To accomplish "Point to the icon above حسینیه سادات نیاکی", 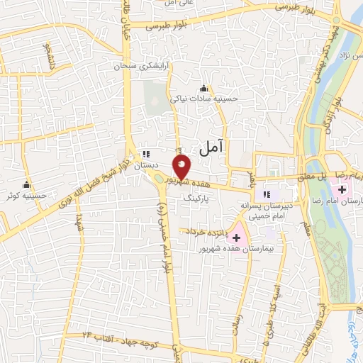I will tap(204, 89).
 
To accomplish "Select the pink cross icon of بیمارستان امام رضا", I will tap(343, 189).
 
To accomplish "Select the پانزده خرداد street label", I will tap(205, 231).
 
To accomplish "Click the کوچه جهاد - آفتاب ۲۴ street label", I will tap(117, 333).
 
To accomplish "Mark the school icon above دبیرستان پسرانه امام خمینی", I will tap(267, 194).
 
